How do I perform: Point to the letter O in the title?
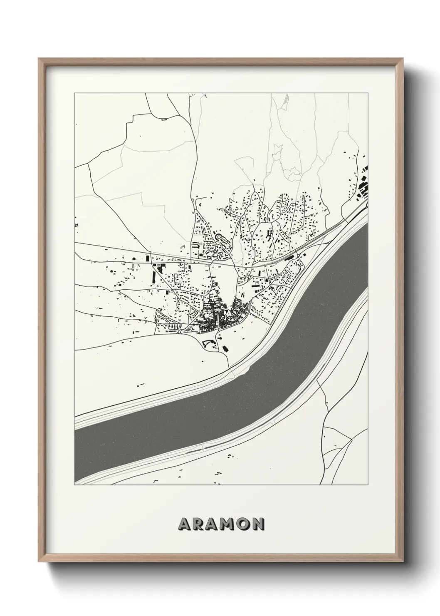pos(242,524)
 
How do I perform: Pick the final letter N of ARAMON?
pos(258,524)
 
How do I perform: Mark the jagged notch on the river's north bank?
pos(248,367)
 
